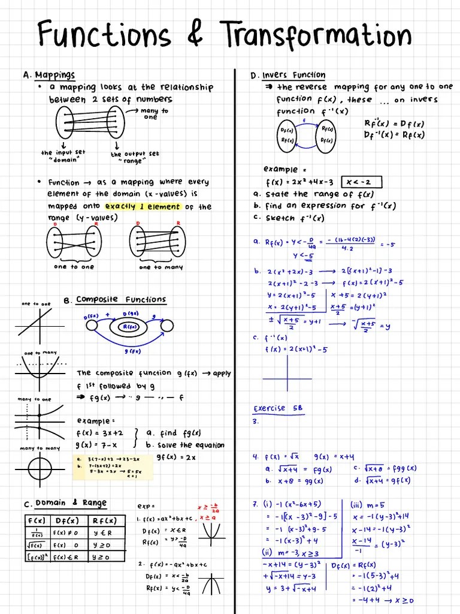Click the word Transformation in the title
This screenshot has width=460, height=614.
(x=315, y=34)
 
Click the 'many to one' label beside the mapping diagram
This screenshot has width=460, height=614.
(x=155, y=114)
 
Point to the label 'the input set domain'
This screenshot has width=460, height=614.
(x=63, y=156)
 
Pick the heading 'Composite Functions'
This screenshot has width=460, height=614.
(x=121, y=299)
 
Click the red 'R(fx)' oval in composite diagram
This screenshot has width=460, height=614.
(x=129, y=327)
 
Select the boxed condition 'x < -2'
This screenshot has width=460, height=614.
(x=361, y=182)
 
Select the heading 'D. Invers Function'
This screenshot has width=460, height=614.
(x=288, y=76)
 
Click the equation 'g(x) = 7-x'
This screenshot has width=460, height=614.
(x=97, y=445)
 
